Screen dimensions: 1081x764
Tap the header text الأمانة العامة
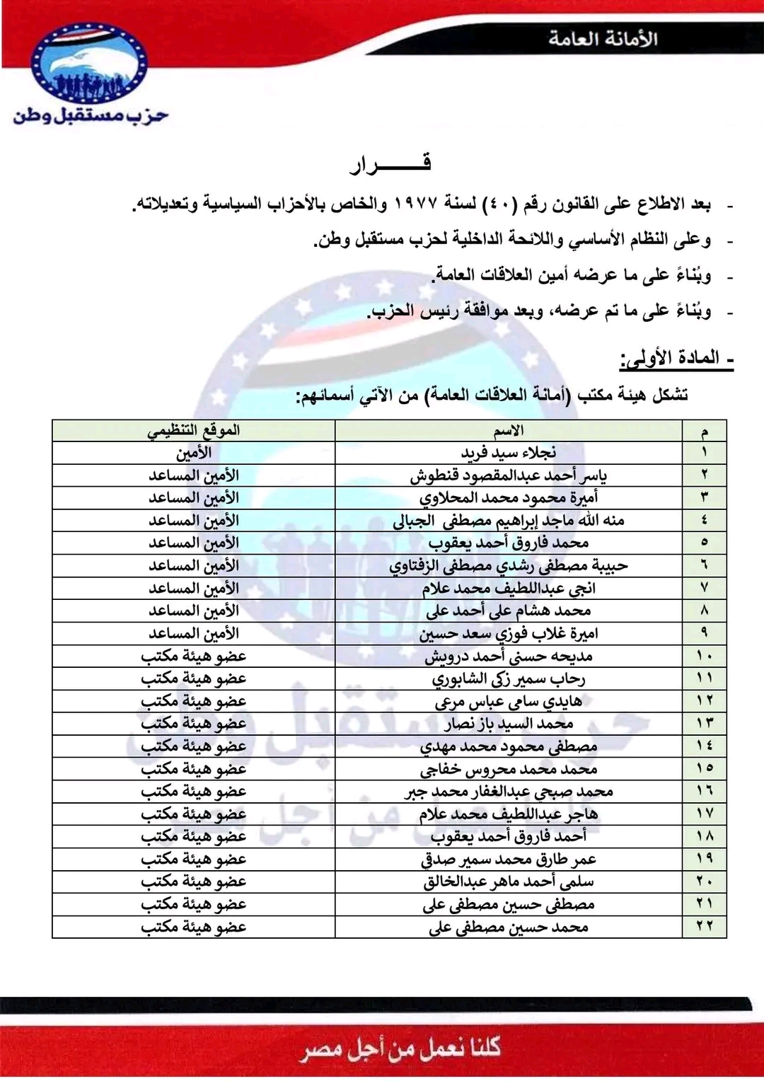pyautogui.click(x=603, y=39)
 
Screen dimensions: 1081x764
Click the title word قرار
pyautogui.click(x=390, y=165)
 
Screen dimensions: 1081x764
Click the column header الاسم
pyautogui.click(x=509, y=431)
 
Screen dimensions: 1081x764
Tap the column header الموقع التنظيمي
pyautogui.click(x=193, y=431)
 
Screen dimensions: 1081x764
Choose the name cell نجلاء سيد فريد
pyautogui.click(x=509, y=453)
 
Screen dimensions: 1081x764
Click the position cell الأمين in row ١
pyautogui.click(x=193, y=453)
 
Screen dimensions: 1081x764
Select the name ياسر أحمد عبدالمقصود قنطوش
pyautogui.click(x=509, y=475)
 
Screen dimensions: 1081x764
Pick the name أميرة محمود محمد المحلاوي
pyautogui.click(x=509, y=498)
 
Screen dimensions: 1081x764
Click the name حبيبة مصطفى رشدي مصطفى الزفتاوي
pyautogui.click(x=509, y=566)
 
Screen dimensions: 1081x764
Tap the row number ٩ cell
pyautogui.click(x=704, y=633)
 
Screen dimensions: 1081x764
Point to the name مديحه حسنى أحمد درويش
pyautogui.click(x=509, y=656)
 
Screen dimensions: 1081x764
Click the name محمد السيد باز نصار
pyautogui.click(x=509, y=724)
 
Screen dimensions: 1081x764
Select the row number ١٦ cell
pyautogui.click(x=704, y=791)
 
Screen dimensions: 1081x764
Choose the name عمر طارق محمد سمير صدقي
pyautogui.click(x=509, y=859)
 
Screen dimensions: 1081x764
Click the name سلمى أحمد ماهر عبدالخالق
pyautogui.click(x=509, y=881)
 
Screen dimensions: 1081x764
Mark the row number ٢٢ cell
pyautogui.click(x=704, y=926)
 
